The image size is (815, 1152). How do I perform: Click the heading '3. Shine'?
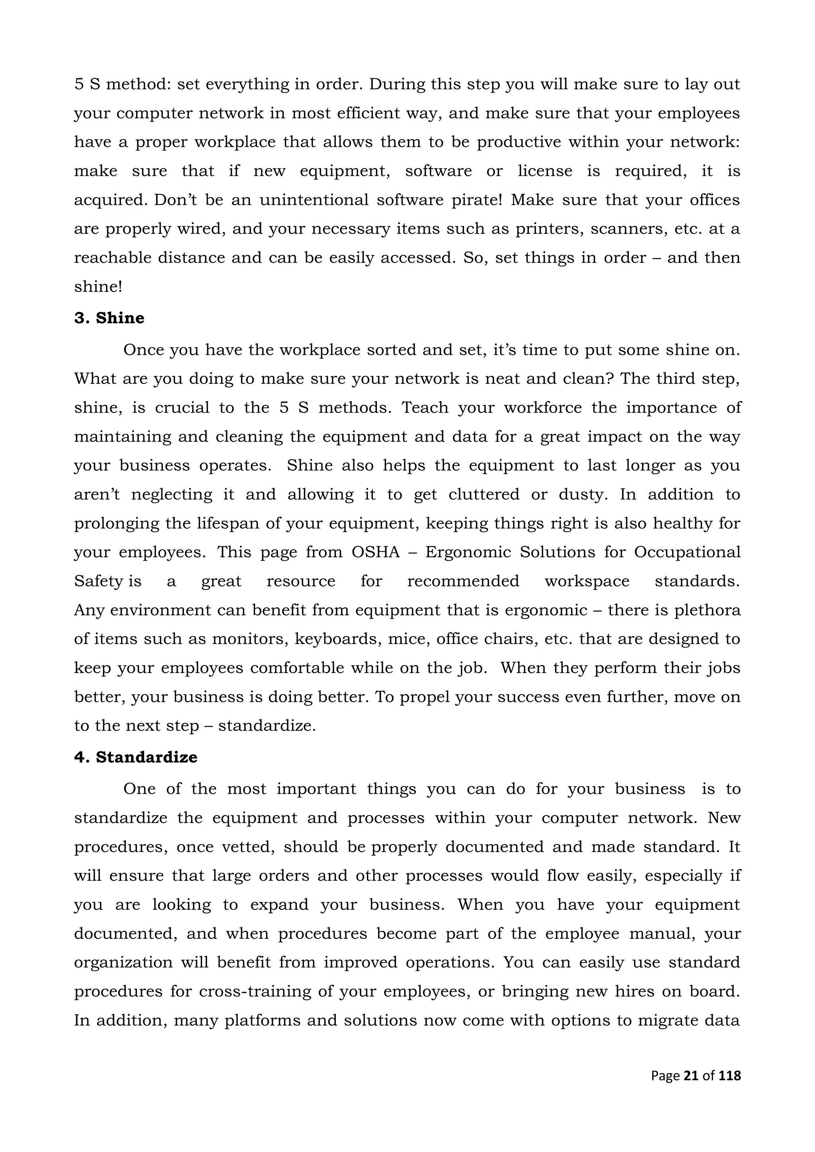[109, 318]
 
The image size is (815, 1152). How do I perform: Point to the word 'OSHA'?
[375, 553]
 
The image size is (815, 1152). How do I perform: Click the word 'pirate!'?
[477, 200]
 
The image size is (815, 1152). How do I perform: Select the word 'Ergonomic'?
[468, 553]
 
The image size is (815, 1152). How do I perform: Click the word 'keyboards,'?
[334, 639]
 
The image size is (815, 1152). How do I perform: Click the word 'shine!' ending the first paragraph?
[98, 287]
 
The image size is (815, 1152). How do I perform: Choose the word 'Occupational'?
[687, 553]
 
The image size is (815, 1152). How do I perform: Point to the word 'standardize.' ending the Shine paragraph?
[267, 726]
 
